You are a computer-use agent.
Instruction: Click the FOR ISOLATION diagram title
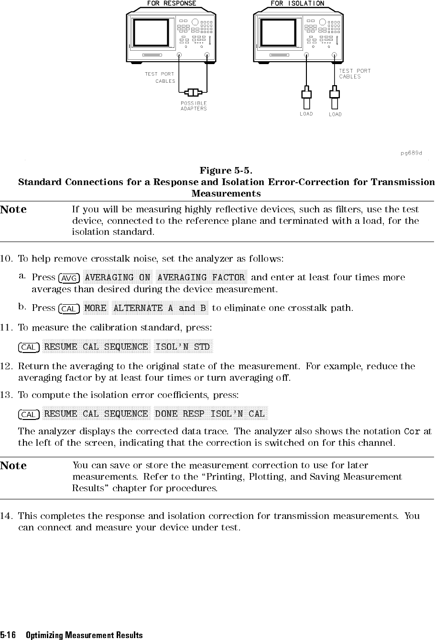(297, 3)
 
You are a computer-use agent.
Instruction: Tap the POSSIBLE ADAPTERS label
(194, 106)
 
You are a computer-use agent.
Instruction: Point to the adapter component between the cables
(193, 91)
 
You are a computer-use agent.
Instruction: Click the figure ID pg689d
(411, 153)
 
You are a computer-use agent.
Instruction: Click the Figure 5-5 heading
(226, 171)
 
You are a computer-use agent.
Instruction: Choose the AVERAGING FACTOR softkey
(201, 277)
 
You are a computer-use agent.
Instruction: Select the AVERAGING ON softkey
(118, 277)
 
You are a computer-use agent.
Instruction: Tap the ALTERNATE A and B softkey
(160, 308)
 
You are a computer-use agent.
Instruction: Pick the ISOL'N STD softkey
(183, 347)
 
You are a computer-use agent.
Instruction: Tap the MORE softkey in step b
(95, 308)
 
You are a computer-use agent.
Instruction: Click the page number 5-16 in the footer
(8, 635)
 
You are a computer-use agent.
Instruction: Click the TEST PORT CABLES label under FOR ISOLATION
(354, 74)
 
